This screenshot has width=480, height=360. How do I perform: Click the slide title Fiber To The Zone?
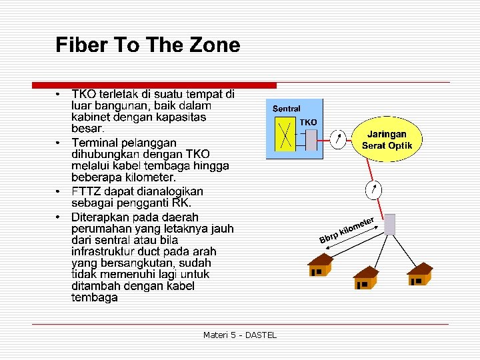click(147, 45)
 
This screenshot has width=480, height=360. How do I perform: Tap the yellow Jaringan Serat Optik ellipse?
click(386, 139)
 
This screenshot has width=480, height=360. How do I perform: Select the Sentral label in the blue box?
click(287, 109)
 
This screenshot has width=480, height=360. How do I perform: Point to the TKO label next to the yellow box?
click(308, 123)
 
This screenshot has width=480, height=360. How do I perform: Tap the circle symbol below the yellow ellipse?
click(374, 189)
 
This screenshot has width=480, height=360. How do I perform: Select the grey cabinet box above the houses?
click(391, 224)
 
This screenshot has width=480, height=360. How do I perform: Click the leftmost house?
click(321, 265)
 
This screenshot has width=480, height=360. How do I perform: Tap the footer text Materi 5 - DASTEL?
click(240, 335)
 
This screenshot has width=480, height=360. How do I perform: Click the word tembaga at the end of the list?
click(95, 297)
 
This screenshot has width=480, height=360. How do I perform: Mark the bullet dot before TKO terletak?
click(59, 93)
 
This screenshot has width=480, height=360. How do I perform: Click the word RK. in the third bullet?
click(181, 203)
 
